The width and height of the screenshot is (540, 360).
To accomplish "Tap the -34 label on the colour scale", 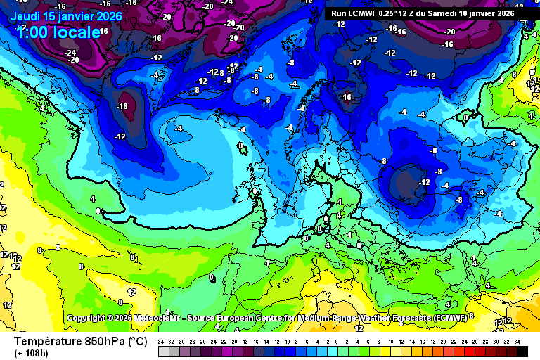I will tap(160, 342).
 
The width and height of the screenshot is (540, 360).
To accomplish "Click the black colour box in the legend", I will tap(522, 352).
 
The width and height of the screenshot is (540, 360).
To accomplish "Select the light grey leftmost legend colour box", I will tap(163, 352).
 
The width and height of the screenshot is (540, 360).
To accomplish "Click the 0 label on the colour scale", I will tap(337, 342).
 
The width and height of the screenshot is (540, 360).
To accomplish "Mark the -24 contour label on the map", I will tap(70, 53).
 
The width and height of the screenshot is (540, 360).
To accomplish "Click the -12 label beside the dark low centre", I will tap(424, 182).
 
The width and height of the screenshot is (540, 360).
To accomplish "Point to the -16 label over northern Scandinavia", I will tap(345, 97).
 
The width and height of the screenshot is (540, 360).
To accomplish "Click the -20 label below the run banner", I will tap(450, 32).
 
